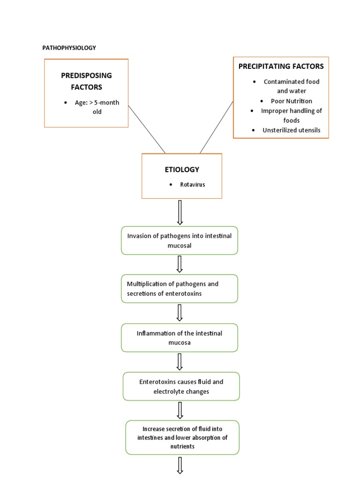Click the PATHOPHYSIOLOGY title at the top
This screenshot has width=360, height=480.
coord(69,48)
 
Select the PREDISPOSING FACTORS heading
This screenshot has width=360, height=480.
coord(86,81)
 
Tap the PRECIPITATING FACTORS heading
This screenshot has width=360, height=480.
coord(281,66)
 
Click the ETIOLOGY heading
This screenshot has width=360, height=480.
coord(182,169)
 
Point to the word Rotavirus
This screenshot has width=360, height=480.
coord(193,185)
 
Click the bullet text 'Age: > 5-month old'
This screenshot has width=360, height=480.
coord(97,107)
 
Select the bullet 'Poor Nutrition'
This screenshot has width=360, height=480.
coord(291,101)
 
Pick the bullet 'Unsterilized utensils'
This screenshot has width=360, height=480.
coord(291,130)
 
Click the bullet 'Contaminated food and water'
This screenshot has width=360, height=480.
coord(291,86)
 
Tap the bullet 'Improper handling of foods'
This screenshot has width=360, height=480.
coord(291,115)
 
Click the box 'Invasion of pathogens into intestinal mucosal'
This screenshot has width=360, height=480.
coord(180,240)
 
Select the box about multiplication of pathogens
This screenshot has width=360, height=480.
coord(180,288)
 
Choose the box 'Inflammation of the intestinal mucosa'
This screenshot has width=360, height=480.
coord(180,337)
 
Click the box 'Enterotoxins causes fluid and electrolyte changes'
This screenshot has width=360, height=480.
coord(181,386)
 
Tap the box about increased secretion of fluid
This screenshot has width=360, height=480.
coord(182,437)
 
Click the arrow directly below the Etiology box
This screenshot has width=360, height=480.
coord(180,212)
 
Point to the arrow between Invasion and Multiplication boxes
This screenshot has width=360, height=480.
coord(180,264)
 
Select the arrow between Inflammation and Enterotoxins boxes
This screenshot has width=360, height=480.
coord(180,361)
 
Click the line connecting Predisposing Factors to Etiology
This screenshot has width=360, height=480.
coord(147,129)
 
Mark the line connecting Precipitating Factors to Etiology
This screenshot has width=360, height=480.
coord(217,127)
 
